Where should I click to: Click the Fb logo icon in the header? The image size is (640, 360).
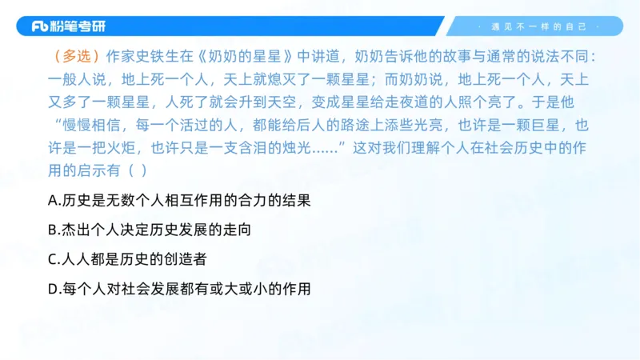[x=40, y=26]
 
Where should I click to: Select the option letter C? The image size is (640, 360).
[x=53, y=259]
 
